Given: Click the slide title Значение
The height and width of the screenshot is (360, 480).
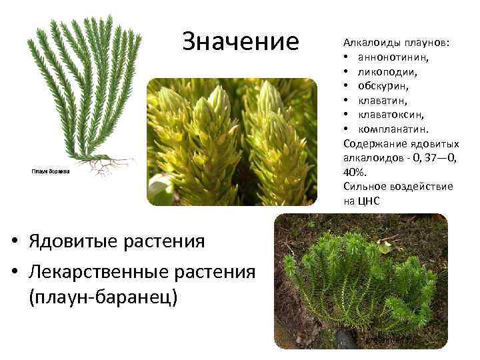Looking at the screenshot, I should click(241, 41).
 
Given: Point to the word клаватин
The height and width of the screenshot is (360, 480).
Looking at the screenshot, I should click(383, 100).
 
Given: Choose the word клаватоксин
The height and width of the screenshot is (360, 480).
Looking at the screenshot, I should click(391, 114).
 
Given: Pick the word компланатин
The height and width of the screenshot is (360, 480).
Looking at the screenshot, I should click(394, 128).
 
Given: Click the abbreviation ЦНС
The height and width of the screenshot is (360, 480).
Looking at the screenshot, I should click(369, 201).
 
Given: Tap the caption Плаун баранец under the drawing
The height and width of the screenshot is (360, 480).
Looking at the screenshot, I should click(51, 171).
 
